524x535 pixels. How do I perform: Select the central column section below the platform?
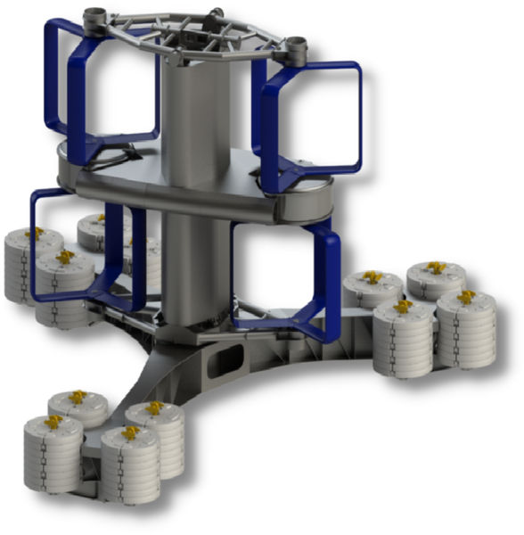pyautogui.click(x=190, y=267)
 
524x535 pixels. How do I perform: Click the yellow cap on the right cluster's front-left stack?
pyautogui.click(x=402, y=306)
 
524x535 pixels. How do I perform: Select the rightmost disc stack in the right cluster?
pyautogui.click(x=465, y=328)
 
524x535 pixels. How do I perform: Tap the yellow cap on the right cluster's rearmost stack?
pyautogui.click(x=435, y=267)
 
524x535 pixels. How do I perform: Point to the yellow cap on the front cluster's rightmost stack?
pyautogui.click(x=155, y=407)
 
